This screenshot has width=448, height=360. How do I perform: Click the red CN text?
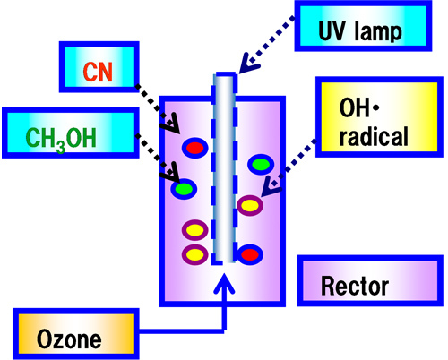pyautogui.click(x=98, y=72)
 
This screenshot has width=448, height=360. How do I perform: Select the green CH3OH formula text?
pyautogui.click(x=61, y=140)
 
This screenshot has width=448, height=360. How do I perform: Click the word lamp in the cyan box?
pyautogui.click(x=378, y=31)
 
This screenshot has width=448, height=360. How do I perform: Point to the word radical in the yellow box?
pyautogui.click(x=374, y=136)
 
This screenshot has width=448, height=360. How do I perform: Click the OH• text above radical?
pyautogui.click(x=359, y=108)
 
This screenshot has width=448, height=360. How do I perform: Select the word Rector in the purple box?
pyautogui.click(x=355, y=286)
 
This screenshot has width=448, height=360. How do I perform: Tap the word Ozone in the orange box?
pyautogui.click(x=69, y=339)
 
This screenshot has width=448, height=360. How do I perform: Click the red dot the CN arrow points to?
pyautogui.click(x=195, y=148)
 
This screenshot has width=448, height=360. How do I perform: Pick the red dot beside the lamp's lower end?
pyautogui.click(x=250, y=254)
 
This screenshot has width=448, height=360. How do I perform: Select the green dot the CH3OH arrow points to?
pyautogui.click(x=184, y=189)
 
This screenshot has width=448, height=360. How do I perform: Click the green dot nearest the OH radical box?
pyautogui.click(x=261, y=164)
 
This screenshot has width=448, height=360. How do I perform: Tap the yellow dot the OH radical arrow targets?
pyautogui.click(x=250, y=205)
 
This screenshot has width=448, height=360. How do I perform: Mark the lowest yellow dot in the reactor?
pyautogui.click(x=195, y=254)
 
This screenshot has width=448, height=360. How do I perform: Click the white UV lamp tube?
pyautogui.click(x=224, y=168)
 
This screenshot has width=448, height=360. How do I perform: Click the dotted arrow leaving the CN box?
pyautogui.click(x=158, y=109)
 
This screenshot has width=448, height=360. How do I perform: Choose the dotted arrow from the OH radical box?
pyautogui.click(x=289, y=168)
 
